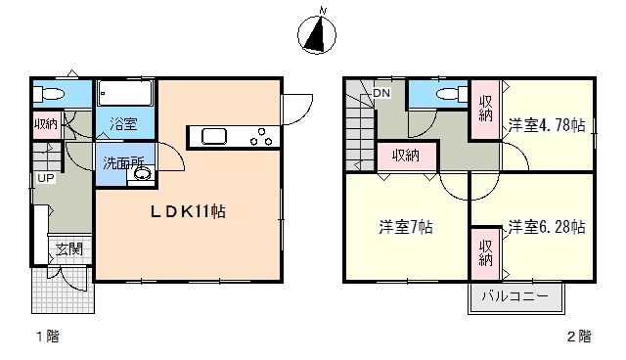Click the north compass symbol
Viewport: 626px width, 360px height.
pyautogui.click(x=317, y=34)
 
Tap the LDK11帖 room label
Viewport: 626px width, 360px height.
pyautogui.click(x=188, y=211)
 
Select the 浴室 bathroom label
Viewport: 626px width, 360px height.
pyautogui.click(x=123, y=124)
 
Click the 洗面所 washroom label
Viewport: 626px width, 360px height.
pyautogui.click(x=123, y=162)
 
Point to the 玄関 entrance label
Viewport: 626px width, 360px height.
pyautogui.click(x=69, y=249)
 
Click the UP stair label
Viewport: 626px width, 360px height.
pyautogui.click(x=46, y=178)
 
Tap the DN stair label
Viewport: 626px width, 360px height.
pyautogui.click(x=381, y=93)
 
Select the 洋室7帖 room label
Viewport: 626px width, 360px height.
pyautogui.click(x=406, y=227)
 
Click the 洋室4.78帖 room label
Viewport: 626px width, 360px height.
pyautogui.click(x=547, y=125)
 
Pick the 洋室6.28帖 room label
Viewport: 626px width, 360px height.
pyautogui.click(x=547, y=227)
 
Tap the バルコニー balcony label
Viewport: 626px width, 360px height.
pyautogui.click(x=515, y=296)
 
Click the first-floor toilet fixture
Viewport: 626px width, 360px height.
pyautogui.click(x=49, y=94)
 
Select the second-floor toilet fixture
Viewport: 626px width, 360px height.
pyautogui.click(x=452, y=95)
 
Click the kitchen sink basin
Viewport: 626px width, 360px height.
pyautogui.click(x=214, y=137)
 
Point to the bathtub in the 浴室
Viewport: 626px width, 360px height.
pyautogui.click(x=125, y=93)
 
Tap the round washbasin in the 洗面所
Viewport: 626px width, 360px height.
pyautogui.click(x=142, y=173)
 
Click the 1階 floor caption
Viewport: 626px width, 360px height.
pyautogui.click(x=48, y=337)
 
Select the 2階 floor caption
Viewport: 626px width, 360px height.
pyautogui.click(x=579, y=337)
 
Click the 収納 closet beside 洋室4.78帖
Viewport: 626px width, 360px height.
pyautogui.click(x=485, y=110)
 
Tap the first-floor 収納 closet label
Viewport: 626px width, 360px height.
pyautogui.click(x=46, y=124)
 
